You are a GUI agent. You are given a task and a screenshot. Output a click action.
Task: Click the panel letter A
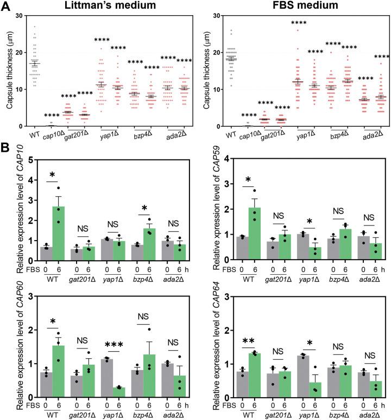(5, 6)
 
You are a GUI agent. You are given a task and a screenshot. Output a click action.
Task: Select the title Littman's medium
(103, 7)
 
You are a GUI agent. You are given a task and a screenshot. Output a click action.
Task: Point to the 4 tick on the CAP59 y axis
(216, 160)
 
